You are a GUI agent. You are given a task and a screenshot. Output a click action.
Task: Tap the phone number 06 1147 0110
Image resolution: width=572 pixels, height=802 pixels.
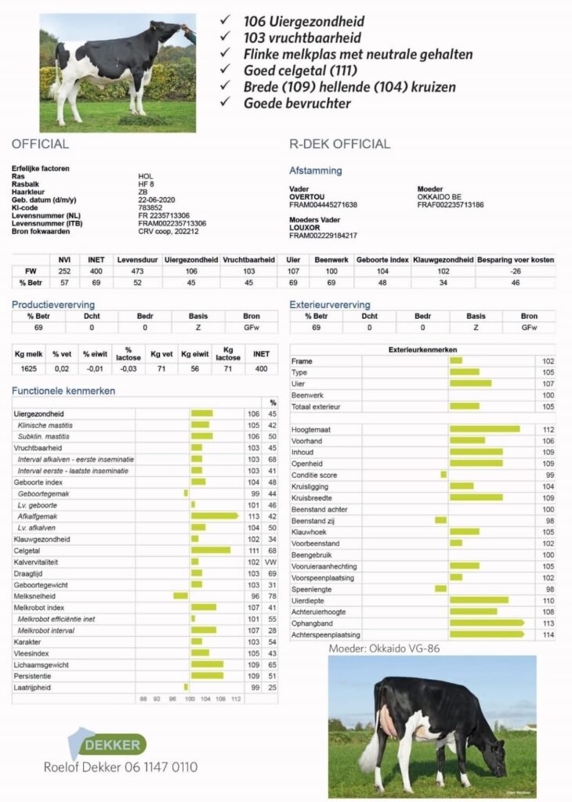click(160, 767)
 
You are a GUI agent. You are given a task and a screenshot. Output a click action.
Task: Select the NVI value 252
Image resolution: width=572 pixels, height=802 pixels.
click(65, 270)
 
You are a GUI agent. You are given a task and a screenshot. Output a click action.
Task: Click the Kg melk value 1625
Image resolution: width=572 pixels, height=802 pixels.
click(27, 367)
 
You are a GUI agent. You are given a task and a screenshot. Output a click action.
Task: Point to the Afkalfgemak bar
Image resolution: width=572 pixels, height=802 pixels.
click(214, 516)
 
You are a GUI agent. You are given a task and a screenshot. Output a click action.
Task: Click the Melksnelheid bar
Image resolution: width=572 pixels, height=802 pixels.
click(181, 595)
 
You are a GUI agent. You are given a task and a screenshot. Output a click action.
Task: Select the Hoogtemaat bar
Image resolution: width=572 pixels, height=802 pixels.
click(484, 429)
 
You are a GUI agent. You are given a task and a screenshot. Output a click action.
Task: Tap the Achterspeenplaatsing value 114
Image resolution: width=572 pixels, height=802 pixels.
click(548, 634)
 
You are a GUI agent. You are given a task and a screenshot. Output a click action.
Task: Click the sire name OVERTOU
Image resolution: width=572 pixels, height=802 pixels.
click(308, 197)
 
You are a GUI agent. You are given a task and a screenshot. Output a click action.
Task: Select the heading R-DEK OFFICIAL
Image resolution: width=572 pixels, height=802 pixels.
click(339, 144)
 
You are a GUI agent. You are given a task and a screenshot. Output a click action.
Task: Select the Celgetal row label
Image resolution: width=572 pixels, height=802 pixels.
click(28, 551)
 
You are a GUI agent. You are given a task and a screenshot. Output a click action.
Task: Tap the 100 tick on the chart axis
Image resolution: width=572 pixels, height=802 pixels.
click(190, 699)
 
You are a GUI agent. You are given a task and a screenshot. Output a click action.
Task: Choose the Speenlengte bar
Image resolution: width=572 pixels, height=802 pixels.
click(440, 589)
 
